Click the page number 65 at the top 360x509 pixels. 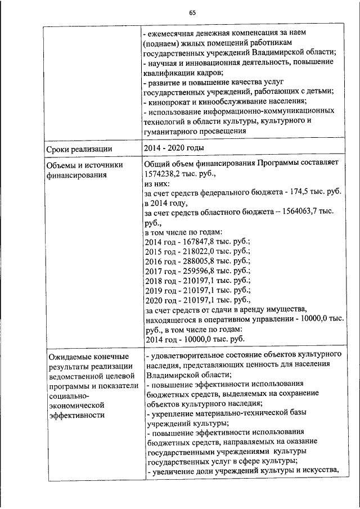click(x=192, y=13)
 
